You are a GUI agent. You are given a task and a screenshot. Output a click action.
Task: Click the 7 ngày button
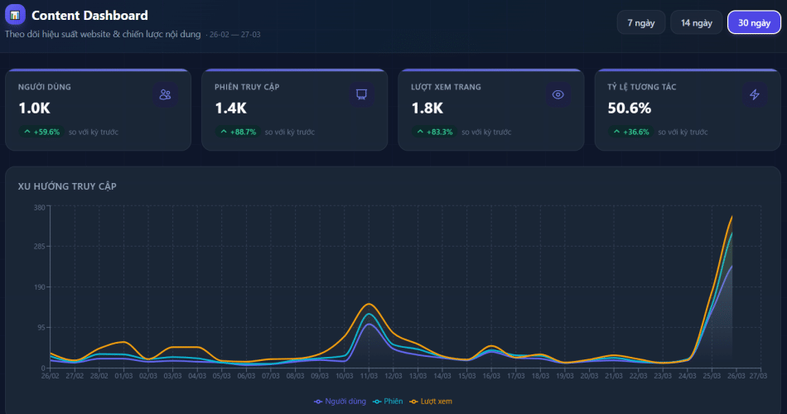pos(640,22)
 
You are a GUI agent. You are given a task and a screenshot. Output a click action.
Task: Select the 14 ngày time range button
pos(696,22)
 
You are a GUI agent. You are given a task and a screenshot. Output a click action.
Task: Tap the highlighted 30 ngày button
pos(754,22)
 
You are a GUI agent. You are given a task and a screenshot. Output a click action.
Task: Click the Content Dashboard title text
pos(89,15)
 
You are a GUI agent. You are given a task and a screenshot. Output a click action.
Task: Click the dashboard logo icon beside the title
pos(15,15)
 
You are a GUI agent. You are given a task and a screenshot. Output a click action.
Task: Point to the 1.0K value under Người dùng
pos(34,108)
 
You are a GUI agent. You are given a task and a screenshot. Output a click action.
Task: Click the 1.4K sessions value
pos(230,108)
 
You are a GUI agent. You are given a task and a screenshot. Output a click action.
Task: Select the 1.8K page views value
pos(427,108)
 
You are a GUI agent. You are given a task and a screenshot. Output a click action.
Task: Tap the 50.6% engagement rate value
pos(629,108)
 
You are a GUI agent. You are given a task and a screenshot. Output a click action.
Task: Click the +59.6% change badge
pos(41,132)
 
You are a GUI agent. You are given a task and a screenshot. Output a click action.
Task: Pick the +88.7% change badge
pos(238,132)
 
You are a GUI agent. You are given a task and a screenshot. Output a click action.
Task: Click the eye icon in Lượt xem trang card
pos(558,94)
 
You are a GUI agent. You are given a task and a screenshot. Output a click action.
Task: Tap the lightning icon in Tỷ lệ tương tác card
pos(754,94)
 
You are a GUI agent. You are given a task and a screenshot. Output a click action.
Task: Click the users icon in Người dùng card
pos(165,94)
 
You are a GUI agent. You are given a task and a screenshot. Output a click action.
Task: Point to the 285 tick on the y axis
pos(38,247)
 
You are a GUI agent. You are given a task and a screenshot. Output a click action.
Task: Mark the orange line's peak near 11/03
pos(369,304)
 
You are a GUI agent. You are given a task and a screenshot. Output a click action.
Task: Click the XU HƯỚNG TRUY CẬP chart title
pos(67,186)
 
